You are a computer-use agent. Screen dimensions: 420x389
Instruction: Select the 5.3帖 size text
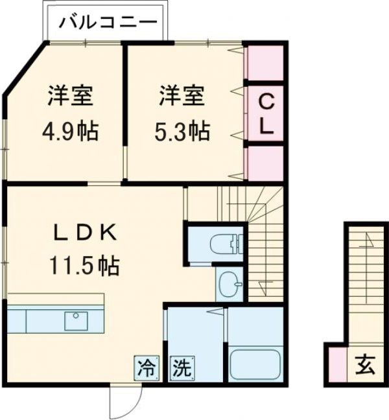tap(183, 132)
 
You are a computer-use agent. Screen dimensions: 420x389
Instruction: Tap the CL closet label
tap(266, 114)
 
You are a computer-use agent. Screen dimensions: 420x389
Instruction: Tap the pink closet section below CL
tap(265, 163)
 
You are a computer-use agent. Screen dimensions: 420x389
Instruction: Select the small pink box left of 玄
tap(336, 366)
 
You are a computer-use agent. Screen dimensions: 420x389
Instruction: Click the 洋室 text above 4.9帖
tap(70, 97)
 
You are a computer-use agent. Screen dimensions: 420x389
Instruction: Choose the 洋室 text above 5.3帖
tap(182, 97)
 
